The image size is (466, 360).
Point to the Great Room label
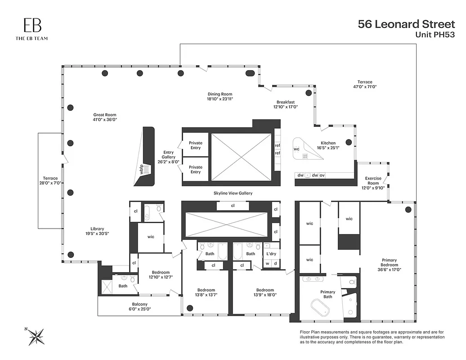tap(105, 117)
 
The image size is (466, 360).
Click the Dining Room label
tap(220, 96)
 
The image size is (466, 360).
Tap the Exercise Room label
tap(373, 181)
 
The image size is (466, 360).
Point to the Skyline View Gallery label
tap(233, 193)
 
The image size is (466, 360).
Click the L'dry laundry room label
tap(271, 254)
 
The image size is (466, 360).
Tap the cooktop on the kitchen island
tap(305, 156)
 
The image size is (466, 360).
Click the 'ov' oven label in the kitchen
tap(322, 175)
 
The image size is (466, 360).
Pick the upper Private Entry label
tap(195, 145)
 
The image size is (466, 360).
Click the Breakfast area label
tap(286, 104)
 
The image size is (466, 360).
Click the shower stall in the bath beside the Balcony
tap(106, 287)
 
